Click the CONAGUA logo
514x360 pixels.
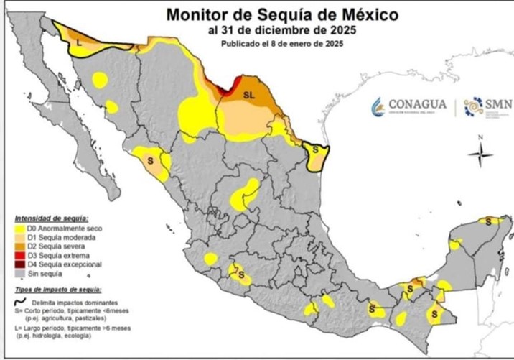(x=408, y=106)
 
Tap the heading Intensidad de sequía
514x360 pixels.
(x=51, y=217)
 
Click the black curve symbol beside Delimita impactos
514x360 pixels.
(x=20, y=301)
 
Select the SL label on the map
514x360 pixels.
(x=249, y=94)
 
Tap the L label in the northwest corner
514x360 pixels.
(x=79, y=44)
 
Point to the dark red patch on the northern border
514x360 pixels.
(x=225, y=93)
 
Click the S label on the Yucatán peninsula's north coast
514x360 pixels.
(x=490, y=221)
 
